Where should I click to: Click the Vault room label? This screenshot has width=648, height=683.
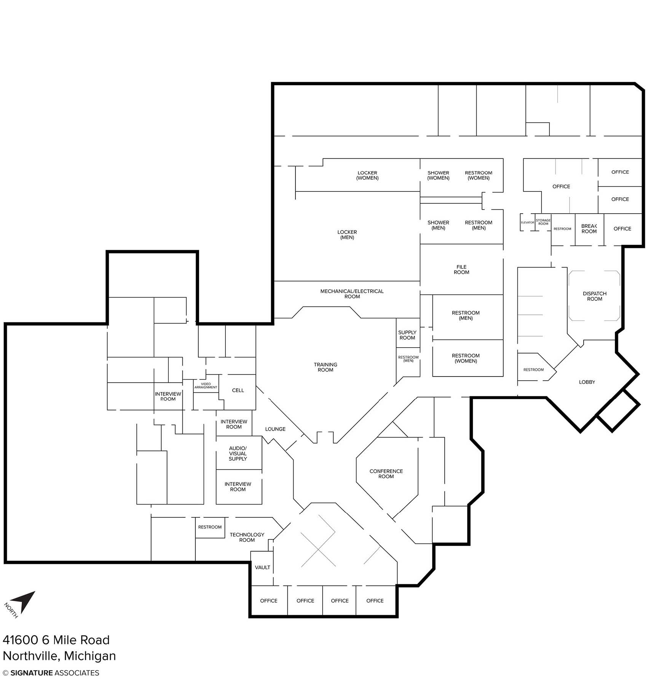click(262, 567)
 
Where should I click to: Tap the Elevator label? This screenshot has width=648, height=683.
click(527, 222)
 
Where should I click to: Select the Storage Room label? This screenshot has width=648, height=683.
click(543, 222)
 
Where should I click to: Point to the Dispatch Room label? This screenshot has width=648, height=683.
click(594, 296)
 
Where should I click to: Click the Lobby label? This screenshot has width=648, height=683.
click(587, 382)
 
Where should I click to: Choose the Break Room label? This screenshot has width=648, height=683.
click(589, 229)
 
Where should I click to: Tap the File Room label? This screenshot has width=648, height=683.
click(461, 270)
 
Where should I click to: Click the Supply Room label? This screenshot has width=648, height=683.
click(407, 335)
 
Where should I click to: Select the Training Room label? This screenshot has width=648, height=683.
click(326, 367)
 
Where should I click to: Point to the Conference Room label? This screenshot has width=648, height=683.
click(386, 474)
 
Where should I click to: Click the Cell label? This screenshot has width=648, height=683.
click(238, 390)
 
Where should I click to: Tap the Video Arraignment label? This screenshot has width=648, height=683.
click(206, 386)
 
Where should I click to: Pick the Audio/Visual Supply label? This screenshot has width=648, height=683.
click(238, 453)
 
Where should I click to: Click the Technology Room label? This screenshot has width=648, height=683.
click(247, 537)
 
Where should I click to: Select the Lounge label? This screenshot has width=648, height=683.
click(275, 429)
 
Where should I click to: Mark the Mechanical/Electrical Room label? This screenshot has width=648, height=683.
click(352, 294)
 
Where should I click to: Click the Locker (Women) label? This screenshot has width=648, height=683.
click(367, 175)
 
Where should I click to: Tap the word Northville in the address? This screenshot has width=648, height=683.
click(31, 656)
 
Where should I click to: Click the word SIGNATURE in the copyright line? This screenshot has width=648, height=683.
click(32, 673)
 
